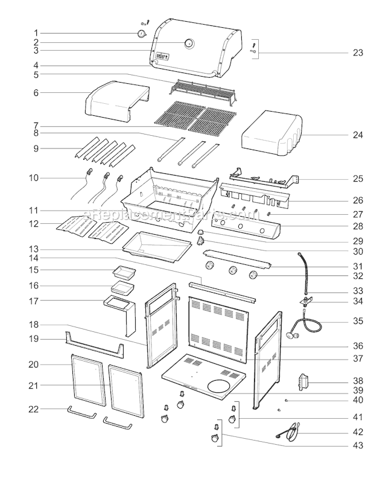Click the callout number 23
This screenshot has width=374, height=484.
click(x=358, y=53)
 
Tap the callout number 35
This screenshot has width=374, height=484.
click(x=358, y=321)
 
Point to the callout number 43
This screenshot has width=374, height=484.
click(x=358, y=446)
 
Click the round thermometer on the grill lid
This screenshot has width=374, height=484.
click(x=189, y=43)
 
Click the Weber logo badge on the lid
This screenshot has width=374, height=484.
click(x=160, y=57)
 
